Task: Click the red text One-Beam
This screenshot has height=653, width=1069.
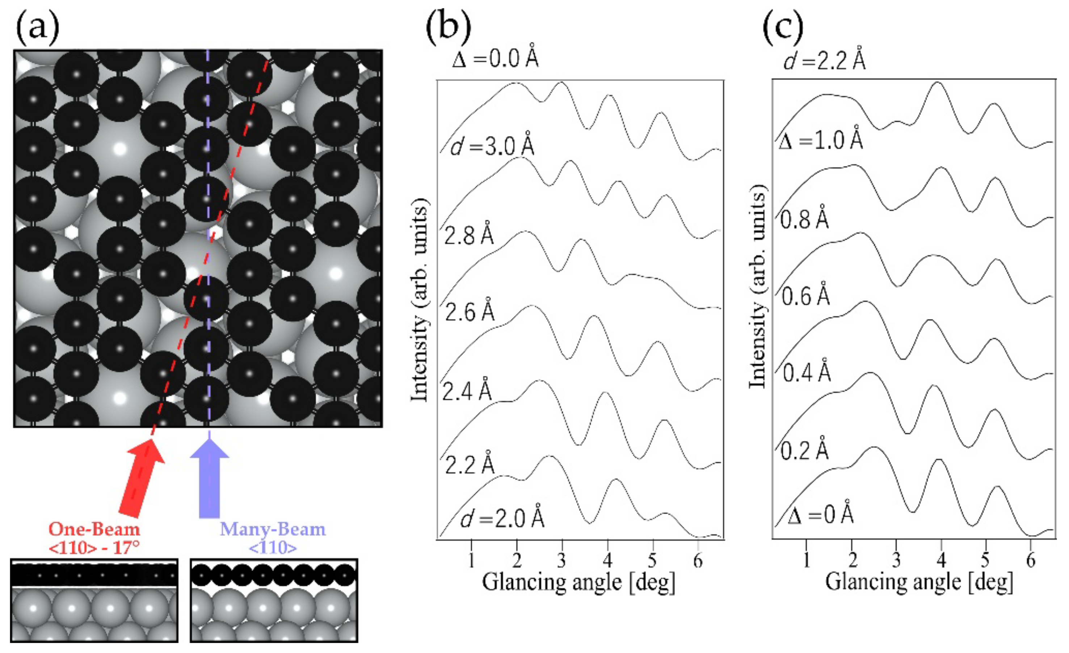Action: coord(94,529)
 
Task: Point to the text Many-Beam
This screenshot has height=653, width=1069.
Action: coord(273,529)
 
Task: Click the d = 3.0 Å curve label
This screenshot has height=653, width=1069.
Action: coord(492,146)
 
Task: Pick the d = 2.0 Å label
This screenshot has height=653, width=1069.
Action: coord(502,518)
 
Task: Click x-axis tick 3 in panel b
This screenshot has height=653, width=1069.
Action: coord(562,561)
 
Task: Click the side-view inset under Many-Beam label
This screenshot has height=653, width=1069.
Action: coord(274,600)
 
